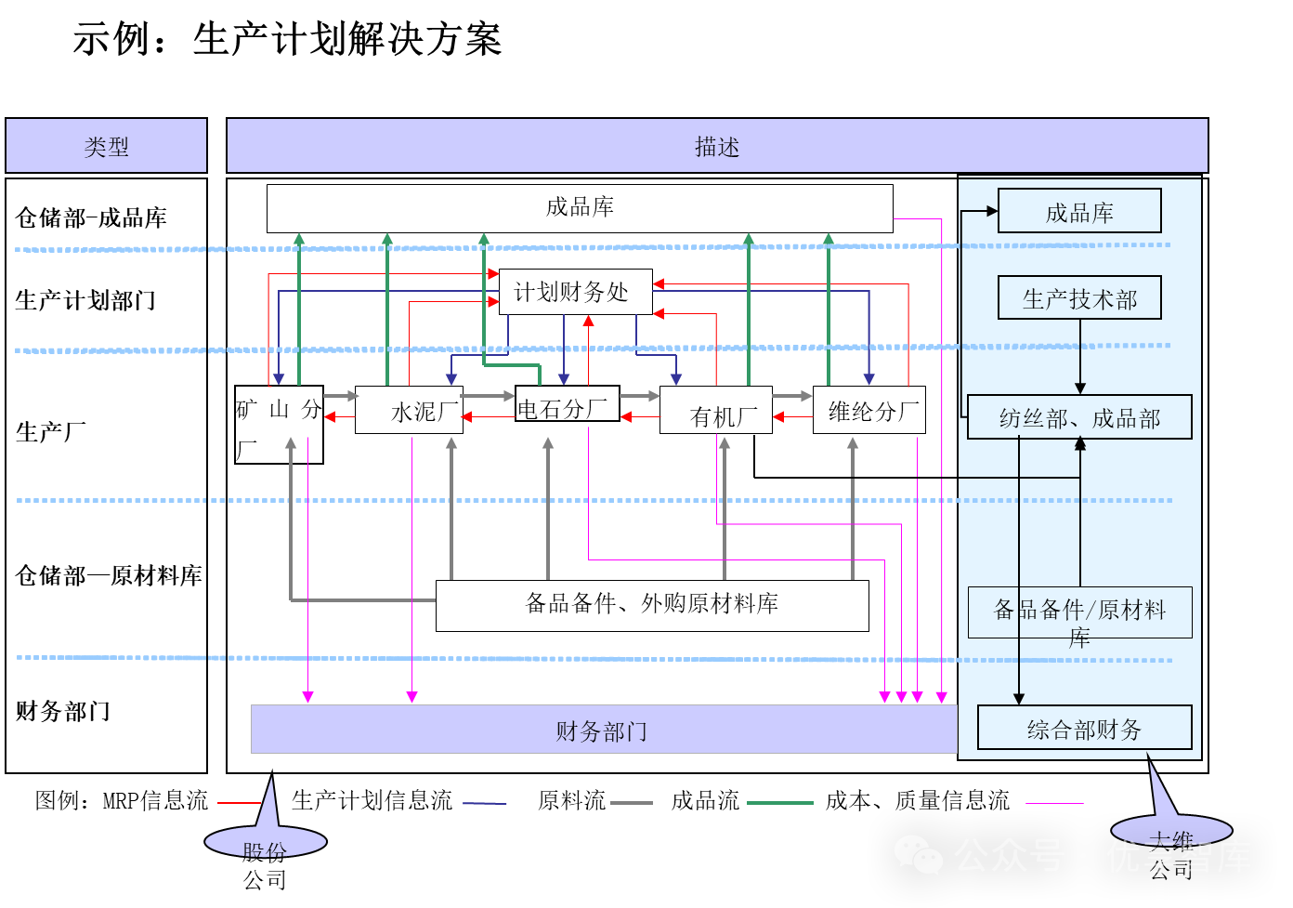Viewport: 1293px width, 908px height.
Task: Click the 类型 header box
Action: pyautogui.click(x=106, y=146)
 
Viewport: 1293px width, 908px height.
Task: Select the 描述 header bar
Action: pyautogui.click(x=716, y=146)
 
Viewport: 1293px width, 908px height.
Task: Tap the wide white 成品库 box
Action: pyautogui.click(x=580, y=207)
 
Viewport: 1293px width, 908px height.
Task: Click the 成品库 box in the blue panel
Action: pyautogui.click(x=1078, y=211)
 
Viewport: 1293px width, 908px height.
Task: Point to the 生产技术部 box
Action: pyautogui.click(x=1078, y=297)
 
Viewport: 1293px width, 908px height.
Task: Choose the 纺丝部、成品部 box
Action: pyautogui.click(x=1078, y=417)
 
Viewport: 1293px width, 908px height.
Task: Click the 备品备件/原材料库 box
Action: pyautogui.click(x=1078, y=612)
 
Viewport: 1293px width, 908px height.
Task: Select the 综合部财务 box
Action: pyautogui.click(x=1083, y=728)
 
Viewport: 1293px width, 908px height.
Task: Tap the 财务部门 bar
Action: pyautogui.click(x=603, y=730)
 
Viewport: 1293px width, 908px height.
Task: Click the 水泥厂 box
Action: pyautogui.click(x=409, y=410)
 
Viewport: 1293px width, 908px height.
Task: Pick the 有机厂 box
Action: pyautogui.click(x=715, y=411)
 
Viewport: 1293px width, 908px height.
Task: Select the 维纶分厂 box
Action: pyautogui.click(x=869, y=410)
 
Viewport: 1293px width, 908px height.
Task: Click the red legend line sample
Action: pyautogui.click(x=239, y=803)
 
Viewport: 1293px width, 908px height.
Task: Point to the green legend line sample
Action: pyautogui.click(x=779, y=803)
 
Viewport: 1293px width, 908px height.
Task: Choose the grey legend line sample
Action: pyautogui.click(x=631, y=803)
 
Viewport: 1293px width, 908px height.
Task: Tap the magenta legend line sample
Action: pyautogui.click(x=1054, y=803)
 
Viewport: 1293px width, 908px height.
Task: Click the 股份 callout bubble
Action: pyautogui.click(x=265, y=841)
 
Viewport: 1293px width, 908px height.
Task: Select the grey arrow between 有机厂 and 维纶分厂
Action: pyautogui.click(x=791, y=396)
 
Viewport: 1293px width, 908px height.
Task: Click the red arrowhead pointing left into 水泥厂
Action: pyautogui.click(x=467, y=417)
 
